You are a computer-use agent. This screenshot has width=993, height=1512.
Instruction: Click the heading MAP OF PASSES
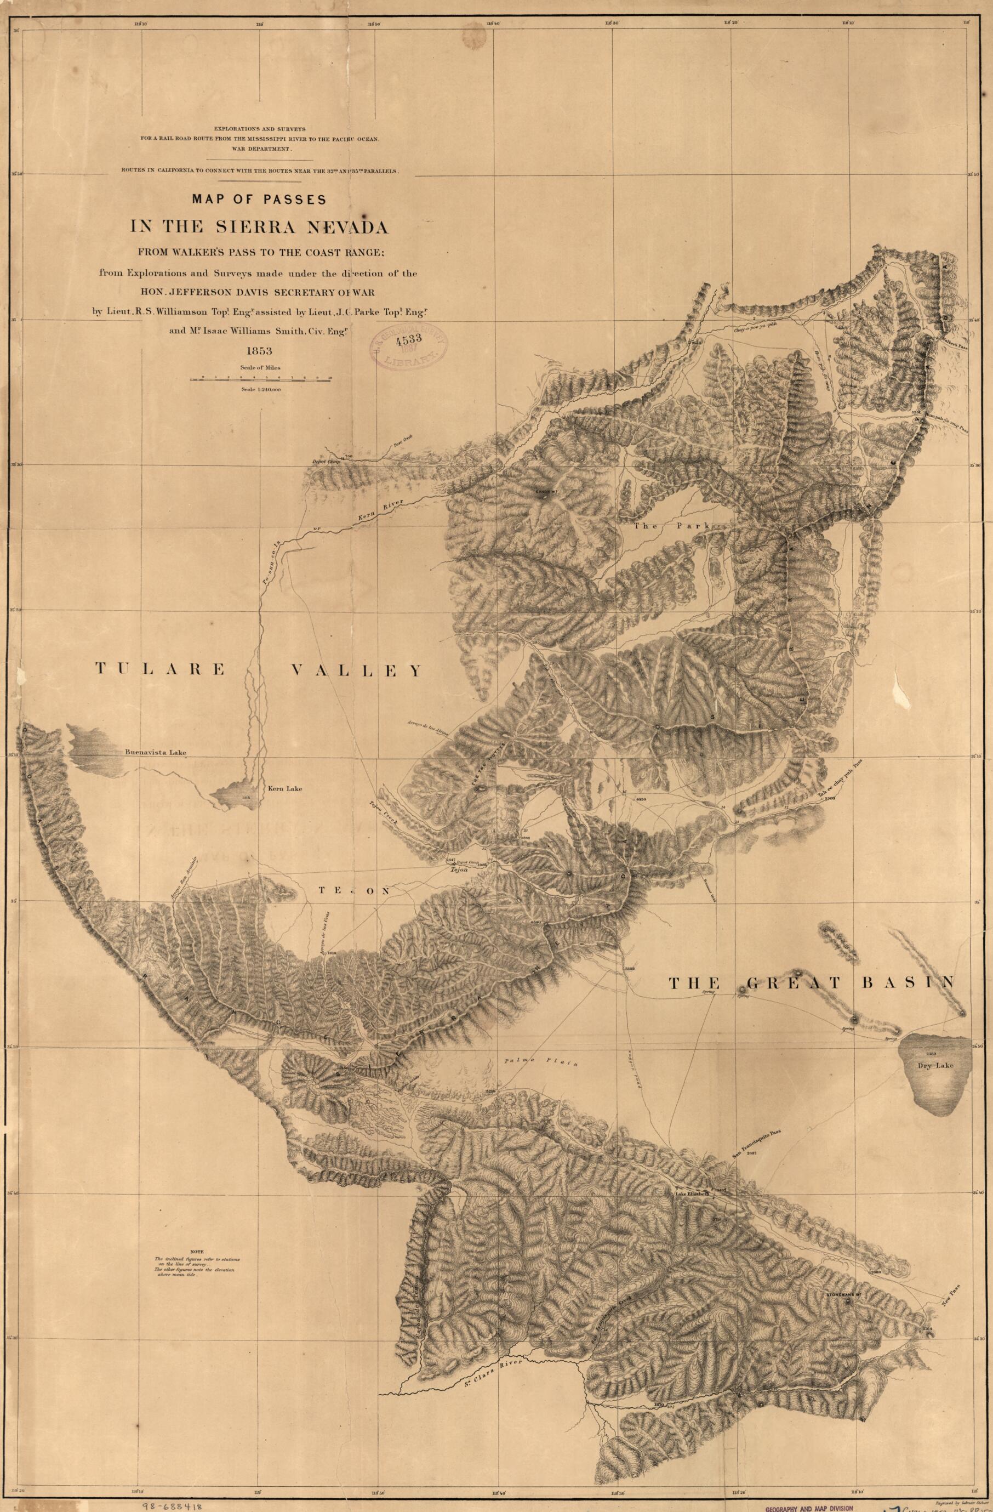(x=260, y=199)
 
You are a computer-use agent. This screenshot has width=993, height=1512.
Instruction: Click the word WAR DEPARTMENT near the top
(x=260, y=148)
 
